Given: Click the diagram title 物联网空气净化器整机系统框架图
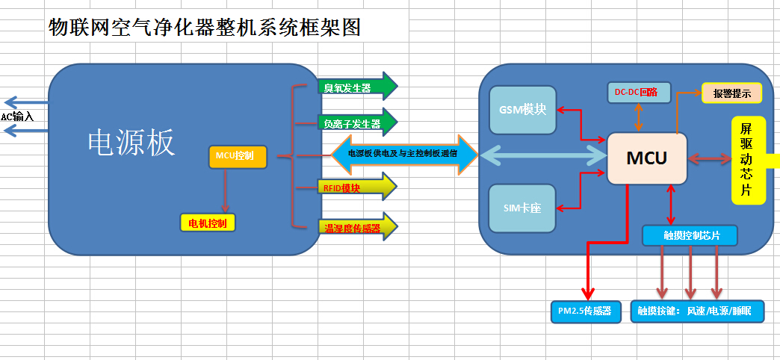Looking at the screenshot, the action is click(204, 27).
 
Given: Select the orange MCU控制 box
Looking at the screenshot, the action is click(238, 157).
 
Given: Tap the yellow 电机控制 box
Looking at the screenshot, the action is click(208, 223).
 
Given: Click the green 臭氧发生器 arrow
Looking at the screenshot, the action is click(358, 87).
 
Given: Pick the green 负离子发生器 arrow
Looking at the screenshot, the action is click(358, 122).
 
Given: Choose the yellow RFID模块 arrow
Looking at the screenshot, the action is click(357, 187).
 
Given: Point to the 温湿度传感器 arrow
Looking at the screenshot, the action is click(358, 227).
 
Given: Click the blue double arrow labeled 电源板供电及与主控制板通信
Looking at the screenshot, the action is click(404, 154).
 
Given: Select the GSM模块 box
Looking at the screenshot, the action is click(522, 111).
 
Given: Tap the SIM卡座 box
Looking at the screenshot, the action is click(521, 208).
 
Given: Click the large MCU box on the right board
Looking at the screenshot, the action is click(647, 158).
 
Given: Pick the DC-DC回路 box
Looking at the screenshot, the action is click(640, 93).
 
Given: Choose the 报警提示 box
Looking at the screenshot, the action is click(731, 93).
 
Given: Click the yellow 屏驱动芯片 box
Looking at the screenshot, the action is click(749, 160).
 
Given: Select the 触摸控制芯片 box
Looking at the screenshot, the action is click(690, 236).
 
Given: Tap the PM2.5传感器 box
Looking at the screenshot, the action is click(586, 311).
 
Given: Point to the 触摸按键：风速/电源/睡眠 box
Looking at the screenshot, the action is click(696, 311).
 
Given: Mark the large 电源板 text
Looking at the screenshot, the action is click(131, 143).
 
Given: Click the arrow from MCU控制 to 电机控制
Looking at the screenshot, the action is click(226, 191).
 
